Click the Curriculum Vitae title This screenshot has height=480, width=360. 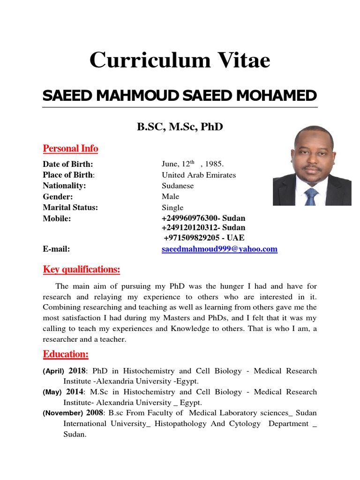[x=180, y=60]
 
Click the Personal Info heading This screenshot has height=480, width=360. [x=70, y=149]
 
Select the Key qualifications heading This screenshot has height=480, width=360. [x=82, y=270]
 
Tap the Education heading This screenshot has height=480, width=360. [x=66, y=354]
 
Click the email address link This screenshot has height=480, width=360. [x=219, y=249]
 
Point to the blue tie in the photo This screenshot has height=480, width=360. [x=311, y=196]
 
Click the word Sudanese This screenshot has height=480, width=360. [x=178, y=186]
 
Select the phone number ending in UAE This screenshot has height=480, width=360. [x=204, y=238]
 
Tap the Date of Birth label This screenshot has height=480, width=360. [x=68, y=164]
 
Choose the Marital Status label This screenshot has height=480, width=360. [x=71, y=208]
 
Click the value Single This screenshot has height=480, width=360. [x=172, y=208]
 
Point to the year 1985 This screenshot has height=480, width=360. [x=215, y=164]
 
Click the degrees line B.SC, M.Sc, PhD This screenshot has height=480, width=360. [x=180, y=127]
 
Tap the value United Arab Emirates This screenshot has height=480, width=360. [x=199, y=175]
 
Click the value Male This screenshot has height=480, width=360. [x=170, y=196]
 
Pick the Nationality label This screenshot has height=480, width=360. [x=65, y=186]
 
